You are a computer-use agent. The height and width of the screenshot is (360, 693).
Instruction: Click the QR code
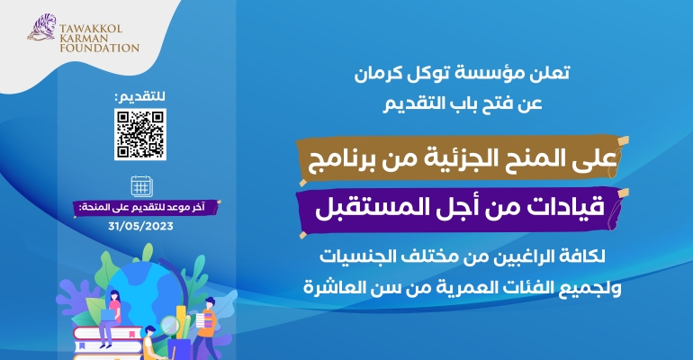(140, 133)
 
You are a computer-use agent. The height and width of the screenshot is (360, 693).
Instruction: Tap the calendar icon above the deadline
(140, 187)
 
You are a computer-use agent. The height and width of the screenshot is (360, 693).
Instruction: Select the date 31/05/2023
(140, 226)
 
